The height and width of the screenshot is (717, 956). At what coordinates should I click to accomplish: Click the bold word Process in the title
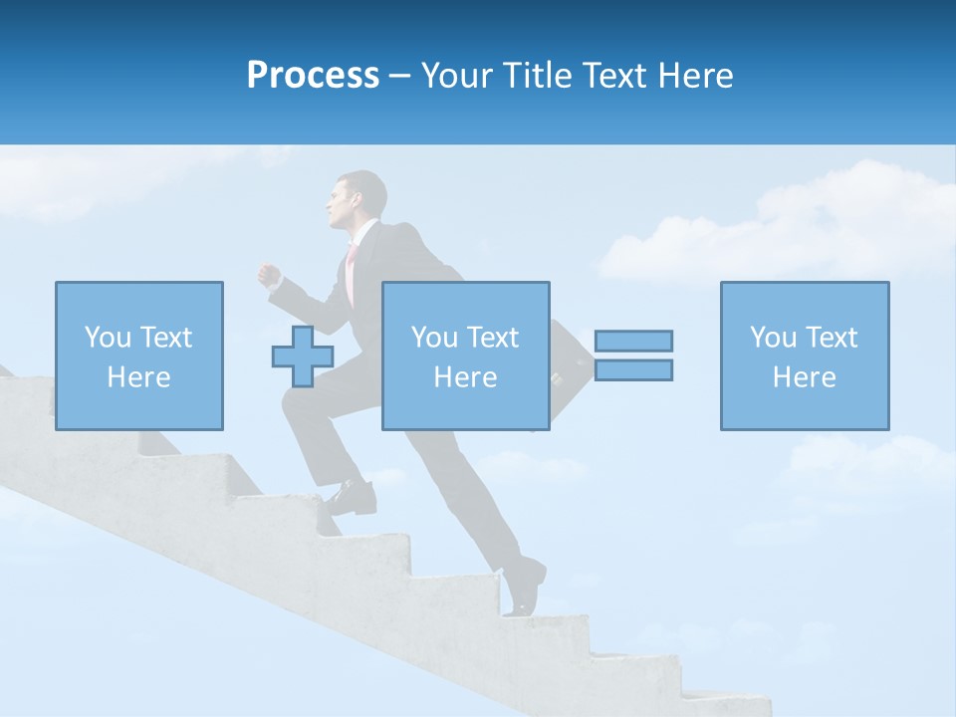313,76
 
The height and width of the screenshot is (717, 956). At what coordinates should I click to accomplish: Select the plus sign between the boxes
303,357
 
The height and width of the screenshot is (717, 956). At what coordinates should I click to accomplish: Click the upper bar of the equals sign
633,341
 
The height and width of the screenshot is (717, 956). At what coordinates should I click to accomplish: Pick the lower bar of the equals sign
633,370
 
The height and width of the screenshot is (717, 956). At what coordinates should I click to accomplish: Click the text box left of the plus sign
138,356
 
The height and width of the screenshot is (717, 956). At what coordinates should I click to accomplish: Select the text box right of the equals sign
804,356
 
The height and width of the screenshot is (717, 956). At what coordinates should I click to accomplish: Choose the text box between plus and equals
465,356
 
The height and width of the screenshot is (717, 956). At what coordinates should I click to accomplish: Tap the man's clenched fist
267,274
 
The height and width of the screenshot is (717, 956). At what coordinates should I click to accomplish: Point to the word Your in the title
454,76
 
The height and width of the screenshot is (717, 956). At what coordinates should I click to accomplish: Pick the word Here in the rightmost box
804,377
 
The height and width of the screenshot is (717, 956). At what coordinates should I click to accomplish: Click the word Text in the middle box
493,338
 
